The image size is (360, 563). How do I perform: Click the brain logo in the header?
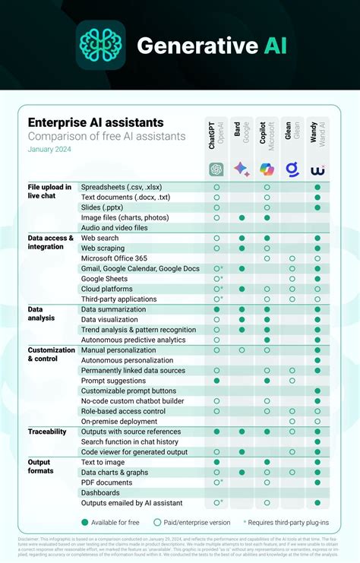tap(100, 46)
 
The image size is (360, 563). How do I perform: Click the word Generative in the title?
tap(186, 46)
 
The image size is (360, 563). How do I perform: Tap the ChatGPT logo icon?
tap(216, 169)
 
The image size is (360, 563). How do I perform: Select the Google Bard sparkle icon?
tap(242, 169)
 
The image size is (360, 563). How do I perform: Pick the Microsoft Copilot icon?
tap(267, 169)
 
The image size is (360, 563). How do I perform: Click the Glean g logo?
tap(292, 169)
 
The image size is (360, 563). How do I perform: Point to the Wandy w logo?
tap(317, 169)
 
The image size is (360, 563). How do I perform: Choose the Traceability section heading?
tap(47, 431)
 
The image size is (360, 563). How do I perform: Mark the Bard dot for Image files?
tap(242, 217)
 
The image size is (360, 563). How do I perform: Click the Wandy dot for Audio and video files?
tap(317, 227)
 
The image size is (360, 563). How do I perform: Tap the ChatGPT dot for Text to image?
tap(216, 462)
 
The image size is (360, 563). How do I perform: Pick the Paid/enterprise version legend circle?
tap(158, 522)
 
